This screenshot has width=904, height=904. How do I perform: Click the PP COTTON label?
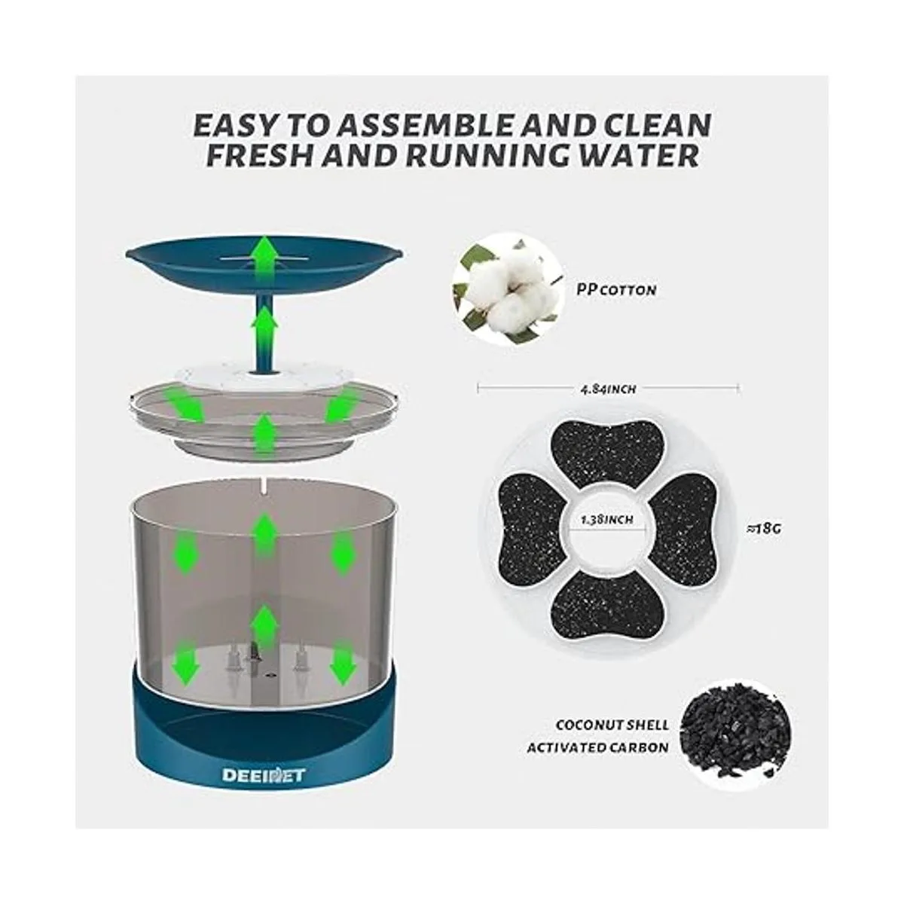[616, 289]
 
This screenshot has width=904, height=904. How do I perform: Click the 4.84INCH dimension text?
[608, 389]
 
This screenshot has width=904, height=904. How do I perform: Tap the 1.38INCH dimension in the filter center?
[607, 519]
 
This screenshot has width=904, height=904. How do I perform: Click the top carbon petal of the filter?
[608, 454]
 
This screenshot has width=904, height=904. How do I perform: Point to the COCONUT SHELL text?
[612, 725]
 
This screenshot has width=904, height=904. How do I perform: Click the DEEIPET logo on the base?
[263, 774]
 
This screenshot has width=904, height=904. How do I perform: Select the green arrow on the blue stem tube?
[264, 326]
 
